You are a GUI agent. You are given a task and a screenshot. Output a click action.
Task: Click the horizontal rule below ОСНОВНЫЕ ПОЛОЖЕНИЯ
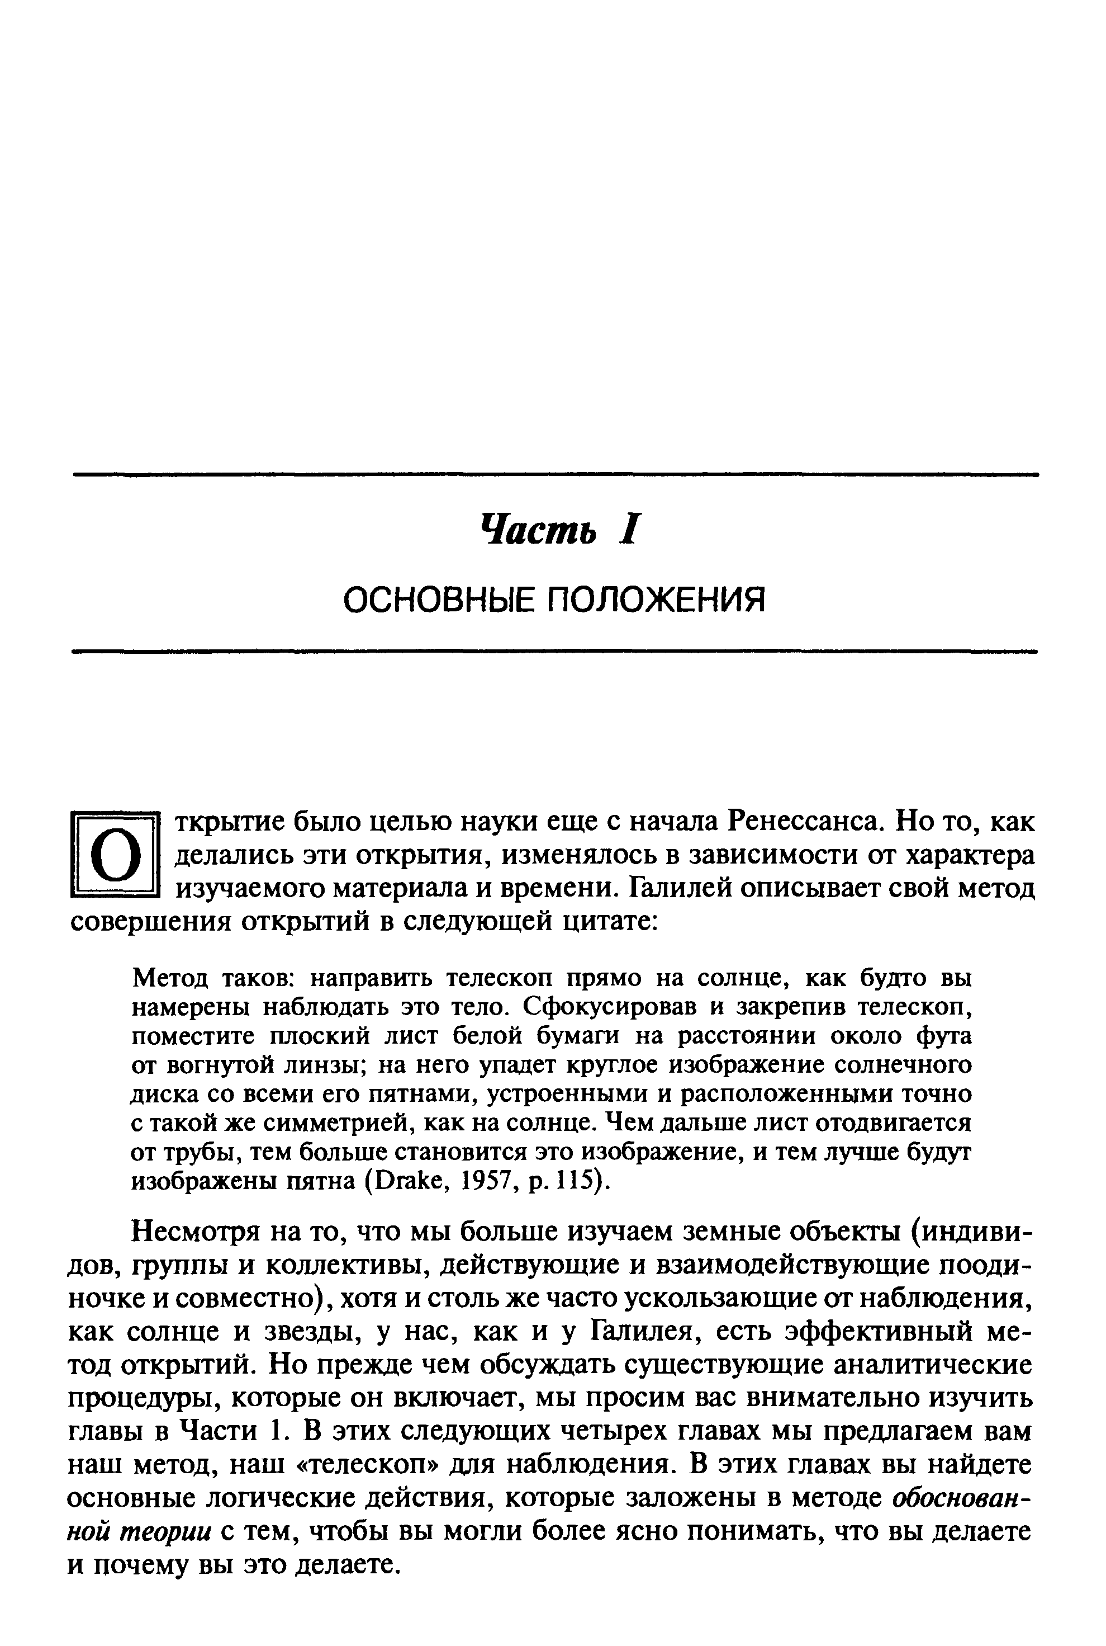(556, 652)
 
